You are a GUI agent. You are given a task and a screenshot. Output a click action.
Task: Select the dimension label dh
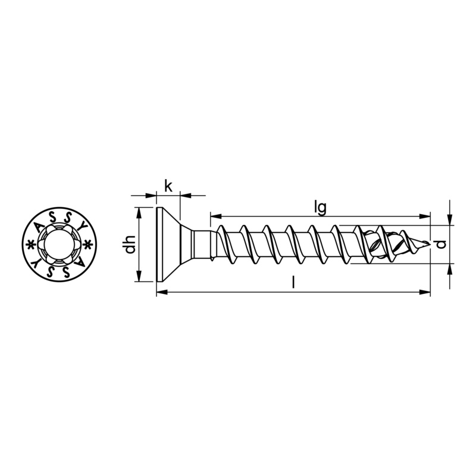click(x=129, y=245)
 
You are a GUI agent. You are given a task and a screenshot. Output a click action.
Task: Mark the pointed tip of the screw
click(x=429, y=243)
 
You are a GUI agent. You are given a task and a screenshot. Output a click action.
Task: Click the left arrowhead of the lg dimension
click(x=215, y=216)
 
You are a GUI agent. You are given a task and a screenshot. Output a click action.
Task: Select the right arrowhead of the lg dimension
click(x=425, y=216)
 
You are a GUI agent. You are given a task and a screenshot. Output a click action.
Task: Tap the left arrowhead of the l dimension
click(x=162, y=292)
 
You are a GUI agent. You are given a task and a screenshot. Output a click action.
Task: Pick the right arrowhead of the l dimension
click(x=425, y=292)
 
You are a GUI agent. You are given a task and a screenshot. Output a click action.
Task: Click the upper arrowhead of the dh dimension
click(x=139, y=213)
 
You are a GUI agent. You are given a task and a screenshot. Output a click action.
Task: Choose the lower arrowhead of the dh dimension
click(x=139, y=276)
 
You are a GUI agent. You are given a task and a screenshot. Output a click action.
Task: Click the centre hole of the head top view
click(x=58, y=245)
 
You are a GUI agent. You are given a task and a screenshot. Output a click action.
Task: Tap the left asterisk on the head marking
click(x=30, y=244)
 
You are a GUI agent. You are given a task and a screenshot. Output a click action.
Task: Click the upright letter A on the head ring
click(x=39, y=227)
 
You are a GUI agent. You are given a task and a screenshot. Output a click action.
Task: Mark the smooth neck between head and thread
click(x=202, y=245)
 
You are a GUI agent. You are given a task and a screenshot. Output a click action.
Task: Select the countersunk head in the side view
click(x=168, y=245)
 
